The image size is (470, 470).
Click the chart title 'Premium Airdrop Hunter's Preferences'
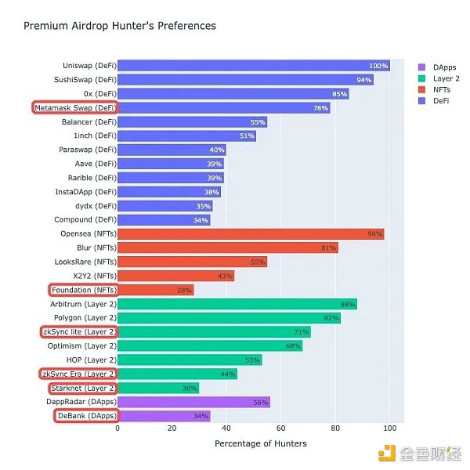[119, 26]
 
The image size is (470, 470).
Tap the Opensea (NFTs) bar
[251, 234]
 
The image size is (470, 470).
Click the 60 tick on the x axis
[280, 428]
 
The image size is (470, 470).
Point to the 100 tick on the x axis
[389, 428]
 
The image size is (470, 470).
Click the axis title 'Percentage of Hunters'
[261, 444]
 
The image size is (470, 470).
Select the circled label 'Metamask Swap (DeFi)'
[76, 108]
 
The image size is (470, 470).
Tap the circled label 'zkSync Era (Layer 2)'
[79, 374]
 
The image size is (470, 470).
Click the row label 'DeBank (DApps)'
[85, 416]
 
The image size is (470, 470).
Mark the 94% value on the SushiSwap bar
[364, 80]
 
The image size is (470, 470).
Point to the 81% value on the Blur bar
[328, 248]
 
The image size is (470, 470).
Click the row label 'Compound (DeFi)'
[85, 220]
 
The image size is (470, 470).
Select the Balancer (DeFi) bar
[192, 122]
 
